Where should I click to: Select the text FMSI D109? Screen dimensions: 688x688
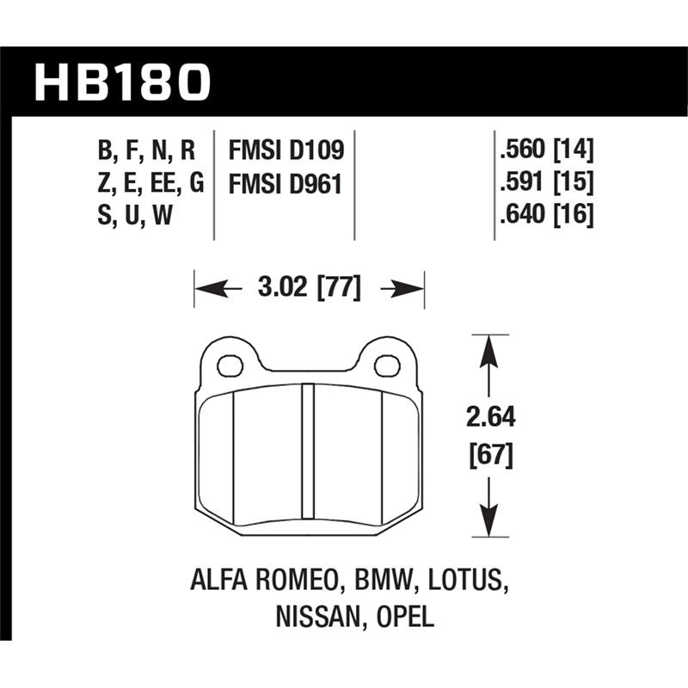tap(286, 150)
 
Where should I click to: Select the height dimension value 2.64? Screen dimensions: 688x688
tap(489, 419)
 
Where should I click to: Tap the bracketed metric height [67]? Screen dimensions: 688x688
tap(489, 453)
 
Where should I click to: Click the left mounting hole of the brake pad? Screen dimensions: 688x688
tap(230, 366)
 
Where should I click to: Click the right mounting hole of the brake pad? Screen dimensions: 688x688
tap(387, 366)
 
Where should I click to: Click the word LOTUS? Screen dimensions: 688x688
tap(466, 582)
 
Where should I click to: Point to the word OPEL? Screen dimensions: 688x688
tap(404, 616)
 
